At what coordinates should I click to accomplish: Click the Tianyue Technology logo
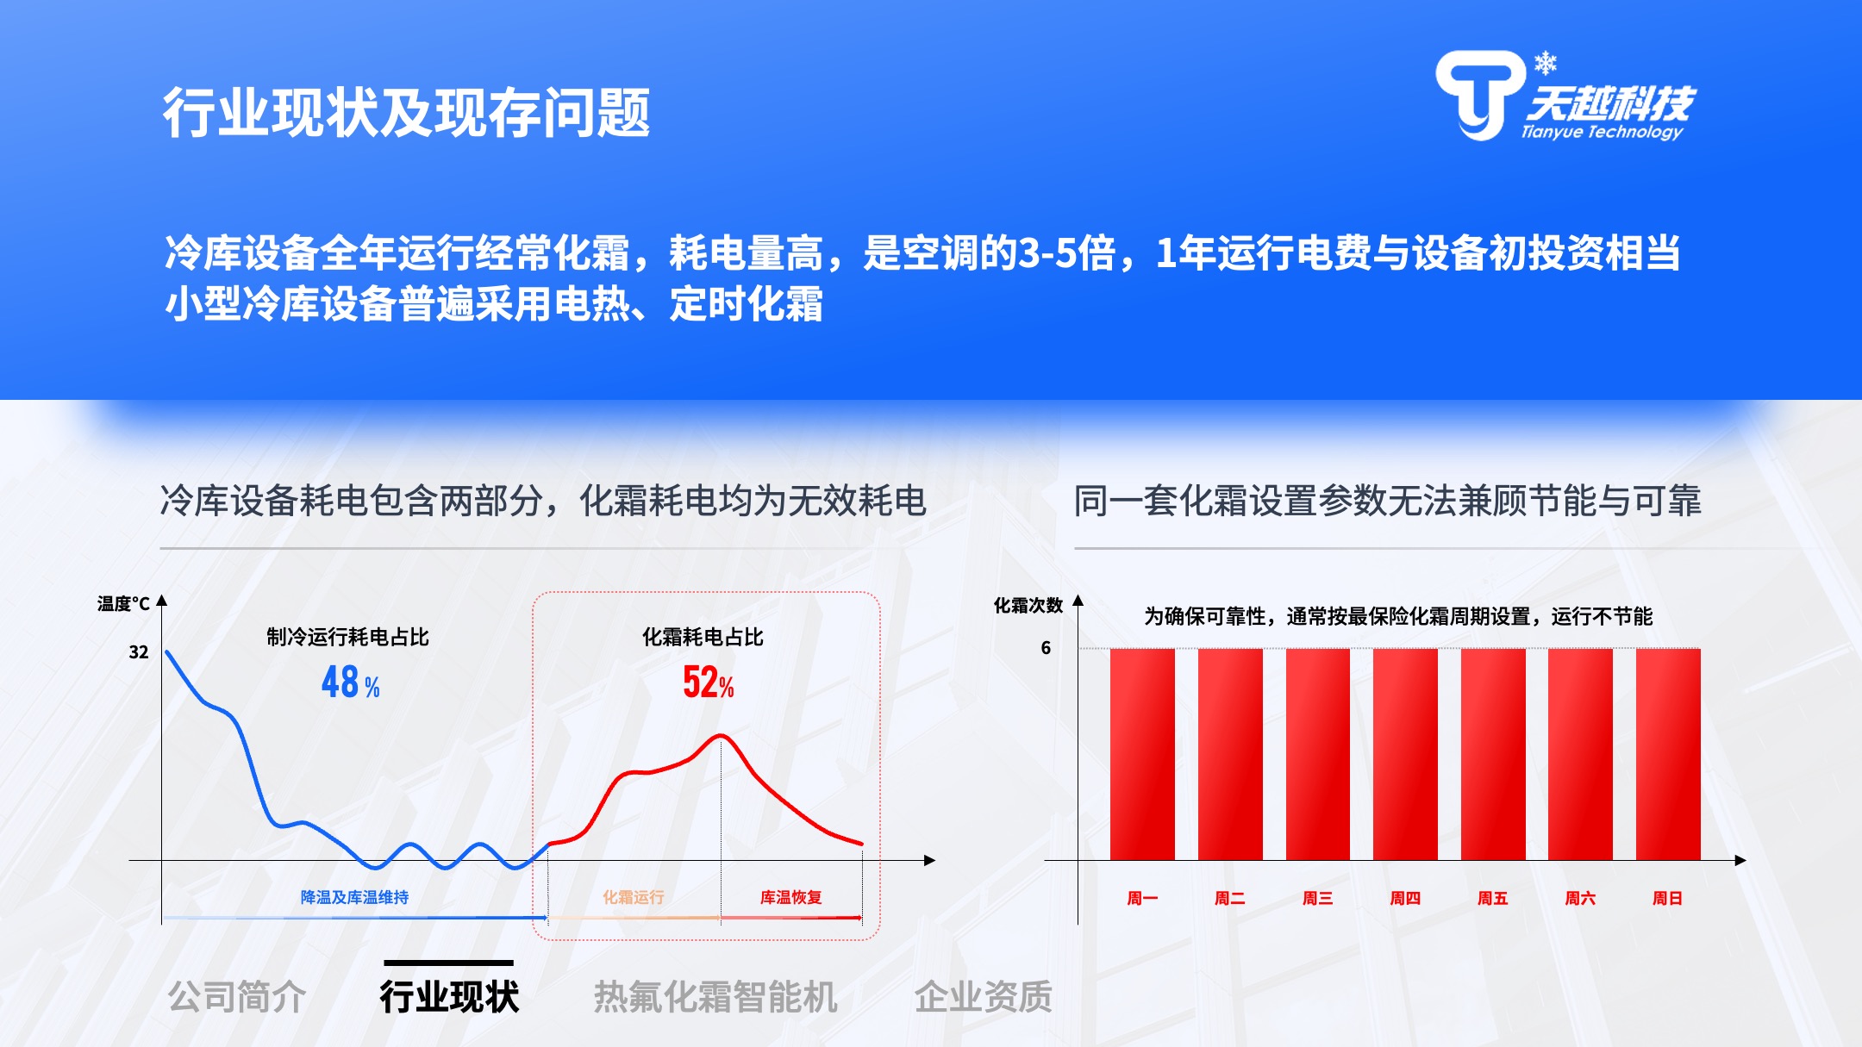pos(1565,96)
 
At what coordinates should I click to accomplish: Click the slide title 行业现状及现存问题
pos(407,113)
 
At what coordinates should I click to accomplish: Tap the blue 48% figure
pos(351,682)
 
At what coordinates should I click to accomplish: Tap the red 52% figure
pos(708,682)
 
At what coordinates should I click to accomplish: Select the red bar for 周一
pos(1142,754)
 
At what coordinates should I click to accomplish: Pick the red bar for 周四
pos(1405,754)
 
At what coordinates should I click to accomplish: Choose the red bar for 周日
pos(1668,754)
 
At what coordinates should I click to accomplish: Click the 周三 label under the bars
pos(1317,898)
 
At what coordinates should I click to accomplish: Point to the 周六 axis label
pos(1580,898)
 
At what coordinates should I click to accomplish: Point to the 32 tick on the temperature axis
pos(139,652)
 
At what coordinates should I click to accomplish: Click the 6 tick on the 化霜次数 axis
pos(1046,648)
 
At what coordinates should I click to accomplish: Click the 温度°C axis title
pos(123,604)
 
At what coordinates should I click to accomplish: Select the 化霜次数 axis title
pos(1028,606)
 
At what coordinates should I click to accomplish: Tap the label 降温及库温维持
pos(354,897)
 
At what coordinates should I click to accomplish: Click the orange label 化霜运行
pos(634,897)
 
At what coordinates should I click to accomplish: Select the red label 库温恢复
pos(790,897)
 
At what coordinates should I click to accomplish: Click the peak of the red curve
pos(721,735)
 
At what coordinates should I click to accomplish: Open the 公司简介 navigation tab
pos(237,997)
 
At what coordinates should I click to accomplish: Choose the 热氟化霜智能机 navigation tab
pos(715,997)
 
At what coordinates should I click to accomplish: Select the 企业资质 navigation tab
pos(984,997)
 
